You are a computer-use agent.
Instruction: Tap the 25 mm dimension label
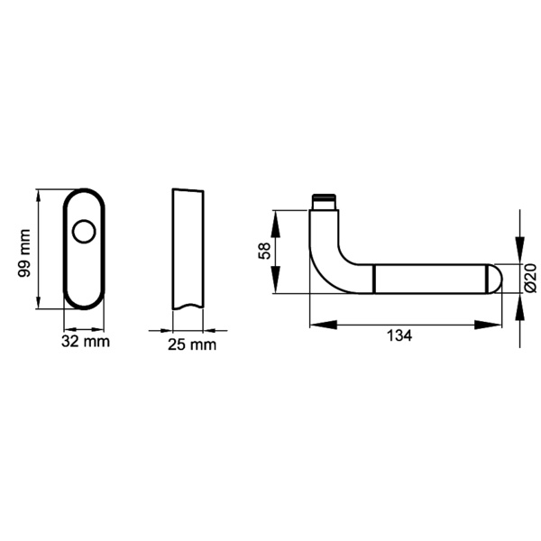[x=192, y=344]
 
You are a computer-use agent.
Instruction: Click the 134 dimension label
[x=399, y=335]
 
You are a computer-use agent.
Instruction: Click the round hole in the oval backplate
[x=85, y=233]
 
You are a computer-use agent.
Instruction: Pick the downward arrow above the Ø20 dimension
[x=520, y=252]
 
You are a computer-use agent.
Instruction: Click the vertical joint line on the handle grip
[x=374, y=279]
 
